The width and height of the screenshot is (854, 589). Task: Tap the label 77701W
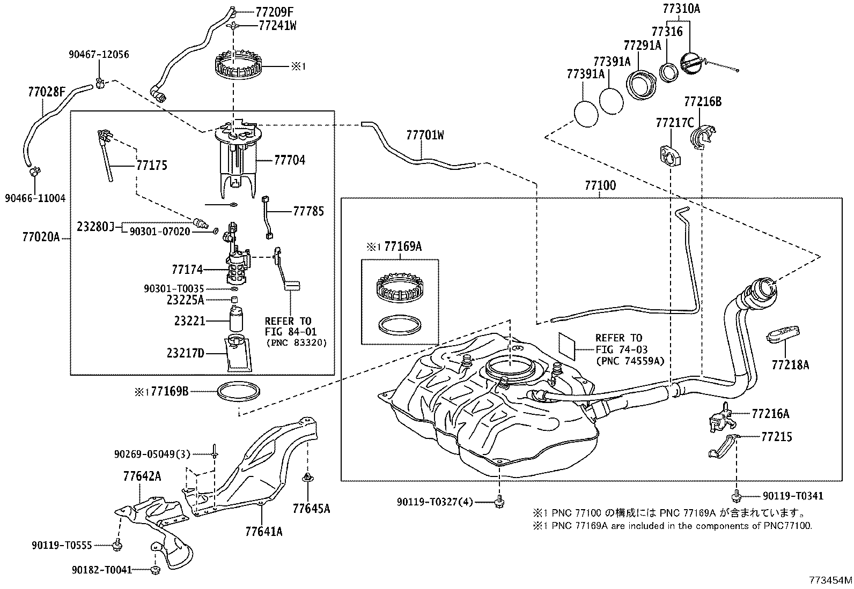[x=425, y=135]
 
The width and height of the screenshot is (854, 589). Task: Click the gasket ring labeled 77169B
[x=239, y=391]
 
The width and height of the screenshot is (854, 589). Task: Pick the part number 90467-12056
[x=99, y=55]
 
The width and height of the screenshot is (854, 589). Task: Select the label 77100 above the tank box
[x=600, y=186]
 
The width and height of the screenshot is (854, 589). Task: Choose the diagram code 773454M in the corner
[x=831, y=580]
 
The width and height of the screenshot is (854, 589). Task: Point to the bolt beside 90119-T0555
[x=117, y=545]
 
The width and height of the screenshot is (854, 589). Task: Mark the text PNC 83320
[x=296, y=342]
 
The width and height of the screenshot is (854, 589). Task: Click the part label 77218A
[x=791, y=365]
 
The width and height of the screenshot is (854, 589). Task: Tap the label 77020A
[x=41, y=236]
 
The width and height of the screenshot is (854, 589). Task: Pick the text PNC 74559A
[x=630, y=361]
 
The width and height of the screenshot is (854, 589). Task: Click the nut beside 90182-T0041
[x=155, y=570]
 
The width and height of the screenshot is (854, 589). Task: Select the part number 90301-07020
[x=160, y=232]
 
